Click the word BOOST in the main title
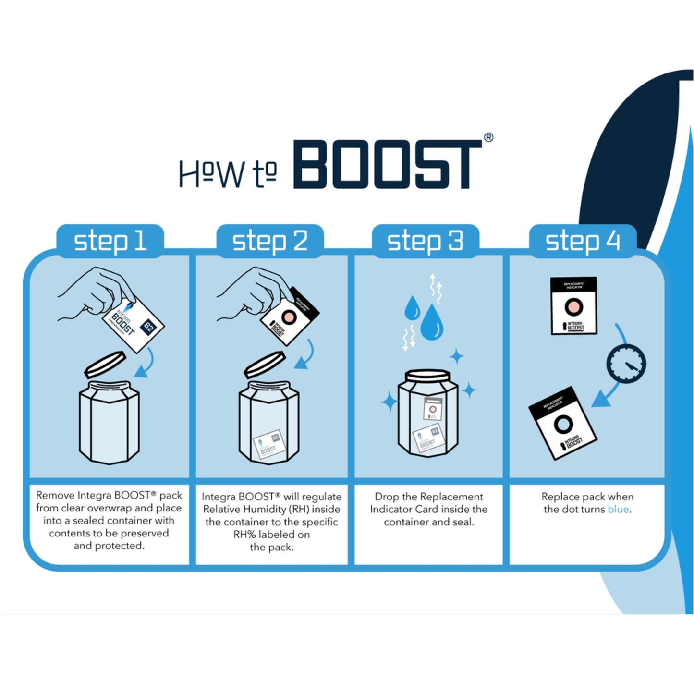click(x=387, y=165)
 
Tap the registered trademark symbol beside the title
click(x=488, y=138)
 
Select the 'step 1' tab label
click(x=110, y=241)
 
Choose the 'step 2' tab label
click(x=270, y=241)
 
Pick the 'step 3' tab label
click(x=425, y=241)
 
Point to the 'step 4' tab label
click(x=583, y=241)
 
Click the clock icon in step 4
click(x=626, y=364)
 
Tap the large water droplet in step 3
click(x=432, y=323)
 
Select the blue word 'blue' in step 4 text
click(x=618, y=510)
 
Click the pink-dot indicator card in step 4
click(x=573, y=306)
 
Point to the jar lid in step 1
click(x=105, y=364)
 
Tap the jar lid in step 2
click(x=265, y=364)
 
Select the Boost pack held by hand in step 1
click(x=133, y=324)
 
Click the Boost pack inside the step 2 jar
click(x=269, y=445)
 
